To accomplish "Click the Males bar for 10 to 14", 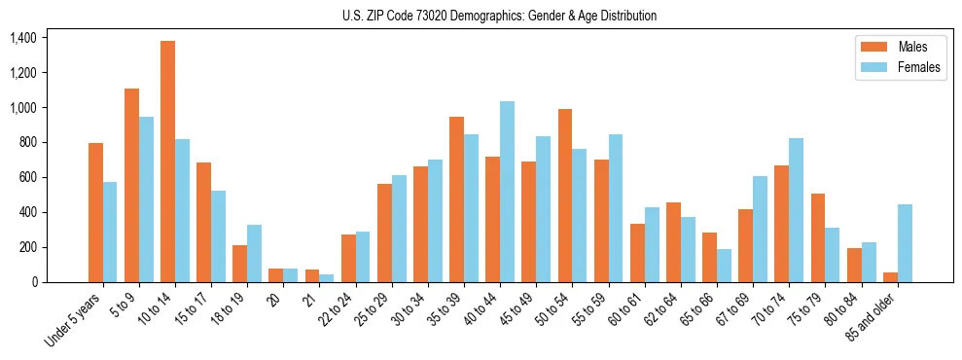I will click(167, 162).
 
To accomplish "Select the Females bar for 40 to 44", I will click(507, 192).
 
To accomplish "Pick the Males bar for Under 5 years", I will click(95, 212).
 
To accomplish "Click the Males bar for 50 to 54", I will click(565, 196).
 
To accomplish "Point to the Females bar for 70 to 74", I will click(796, 210).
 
